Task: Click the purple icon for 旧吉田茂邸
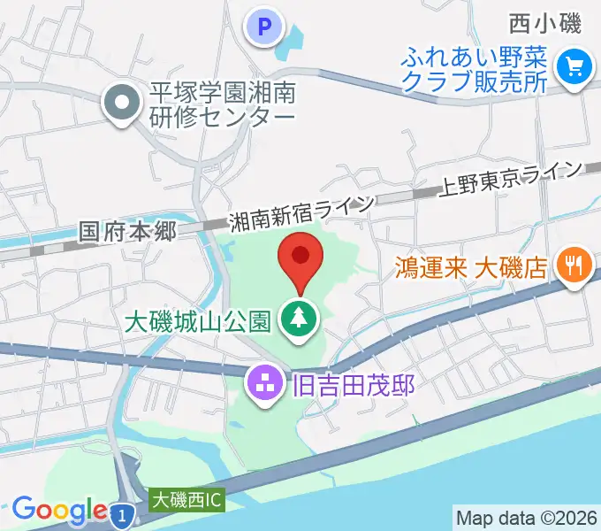tap(263, 383)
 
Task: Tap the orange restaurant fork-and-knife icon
tap(574, 265)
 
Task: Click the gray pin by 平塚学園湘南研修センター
tap(122, 104)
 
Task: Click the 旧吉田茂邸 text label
tap(350, 385)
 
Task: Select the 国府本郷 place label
tap(128, 232)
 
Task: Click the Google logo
tap(58, 510)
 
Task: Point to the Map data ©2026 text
tap(526, 517)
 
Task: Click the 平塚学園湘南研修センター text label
tap(221, 104)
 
